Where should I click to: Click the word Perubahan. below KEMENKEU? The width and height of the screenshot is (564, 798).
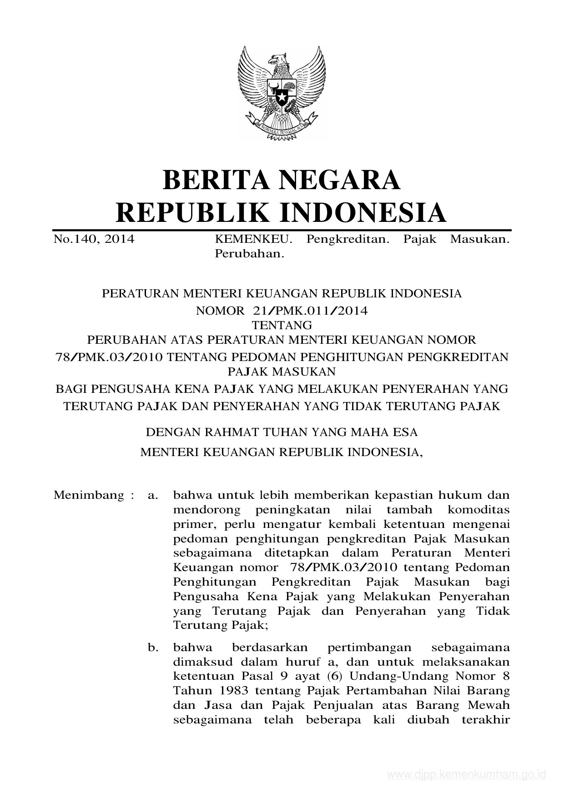249,254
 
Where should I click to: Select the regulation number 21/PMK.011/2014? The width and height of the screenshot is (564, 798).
310,311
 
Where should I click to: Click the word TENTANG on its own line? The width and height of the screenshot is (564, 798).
282,325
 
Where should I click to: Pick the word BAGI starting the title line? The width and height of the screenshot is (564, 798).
71,389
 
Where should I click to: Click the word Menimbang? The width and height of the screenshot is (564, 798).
89,495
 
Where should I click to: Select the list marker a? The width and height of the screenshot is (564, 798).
153,495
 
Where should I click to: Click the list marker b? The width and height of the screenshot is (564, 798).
153,647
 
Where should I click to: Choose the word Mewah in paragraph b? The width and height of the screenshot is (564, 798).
488,705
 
